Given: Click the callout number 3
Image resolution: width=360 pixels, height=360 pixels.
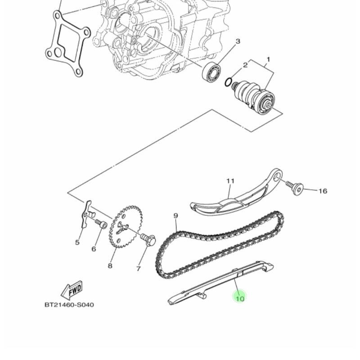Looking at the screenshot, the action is click(238, 41).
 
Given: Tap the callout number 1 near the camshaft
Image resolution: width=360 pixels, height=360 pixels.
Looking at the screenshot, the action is click(268, 60).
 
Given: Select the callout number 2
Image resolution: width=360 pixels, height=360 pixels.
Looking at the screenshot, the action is click(245, 65).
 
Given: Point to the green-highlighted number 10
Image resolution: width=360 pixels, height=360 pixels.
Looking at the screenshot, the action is click(240, 299).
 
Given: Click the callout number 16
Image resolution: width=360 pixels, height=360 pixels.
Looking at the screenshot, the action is click(323, 191).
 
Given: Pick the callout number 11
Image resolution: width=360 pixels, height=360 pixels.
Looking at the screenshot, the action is click(230, 181).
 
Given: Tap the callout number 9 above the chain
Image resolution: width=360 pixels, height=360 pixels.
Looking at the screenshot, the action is click(175, 216).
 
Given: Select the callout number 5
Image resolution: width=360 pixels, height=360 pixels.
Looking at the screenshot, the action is click(77, 242).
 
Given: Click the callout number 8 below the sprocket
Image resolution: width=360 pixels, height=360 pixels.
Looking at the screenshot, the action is click(110, 266).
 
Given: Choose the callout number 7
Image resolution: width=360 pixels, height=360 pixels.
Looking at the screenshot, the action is click(138, 268).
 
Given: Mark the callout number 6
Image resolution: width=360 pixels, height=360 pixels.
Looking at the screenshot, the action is click(94, 249).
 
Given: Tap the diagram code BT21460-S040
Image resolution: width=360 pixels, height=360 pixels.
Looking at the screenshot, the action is click(69, 305).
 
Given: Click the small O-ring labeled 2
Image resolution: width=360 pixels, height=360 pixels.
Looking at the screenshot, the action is click(228, 82).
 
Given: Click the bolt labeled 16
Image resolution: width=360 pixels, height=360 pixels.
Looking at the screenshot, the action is click(295, 188).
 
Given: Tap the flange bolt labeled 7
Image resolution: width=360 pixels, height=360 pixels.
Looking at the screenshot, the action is click(148, 239).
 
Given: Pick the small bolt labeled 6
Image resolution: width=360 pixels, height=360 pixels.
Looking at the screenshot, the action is click(101, 224).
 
